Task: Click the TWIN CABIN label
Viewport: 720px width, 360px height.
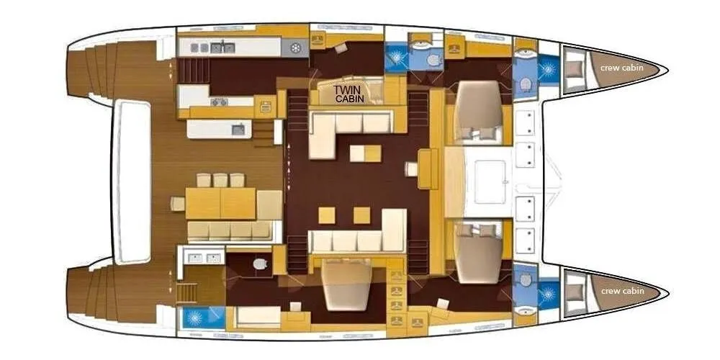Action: pos(348,94)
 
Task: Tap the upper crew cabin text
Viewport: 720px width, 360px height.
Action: pos(622,68)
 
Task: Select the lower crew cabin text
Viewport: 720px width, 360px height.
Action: pos(622,291)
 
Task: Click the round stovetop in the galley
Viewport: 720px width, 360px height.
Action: pos(297,48)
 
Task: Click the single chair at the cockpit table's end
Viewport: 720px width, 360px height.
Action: pos(178,204)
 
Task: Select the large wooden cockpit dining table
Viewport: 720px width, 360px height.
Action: pos(220,203)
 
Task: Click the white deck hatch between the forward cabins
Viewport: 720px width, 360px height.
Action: pos(490,181)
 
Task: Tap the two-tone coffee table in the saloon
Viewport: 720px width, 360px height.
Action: pos(366,153)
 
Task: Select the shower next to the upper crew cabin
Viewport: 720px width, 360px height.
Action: pos(548,69)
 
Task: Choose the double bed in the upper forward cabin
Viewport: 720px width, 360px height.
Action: pos(477,110)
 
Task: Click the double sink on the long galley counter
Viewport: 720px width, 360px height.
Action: pos(222,48)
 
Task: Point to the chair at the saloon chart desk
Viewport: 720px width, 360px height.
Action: pos(411,169)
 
